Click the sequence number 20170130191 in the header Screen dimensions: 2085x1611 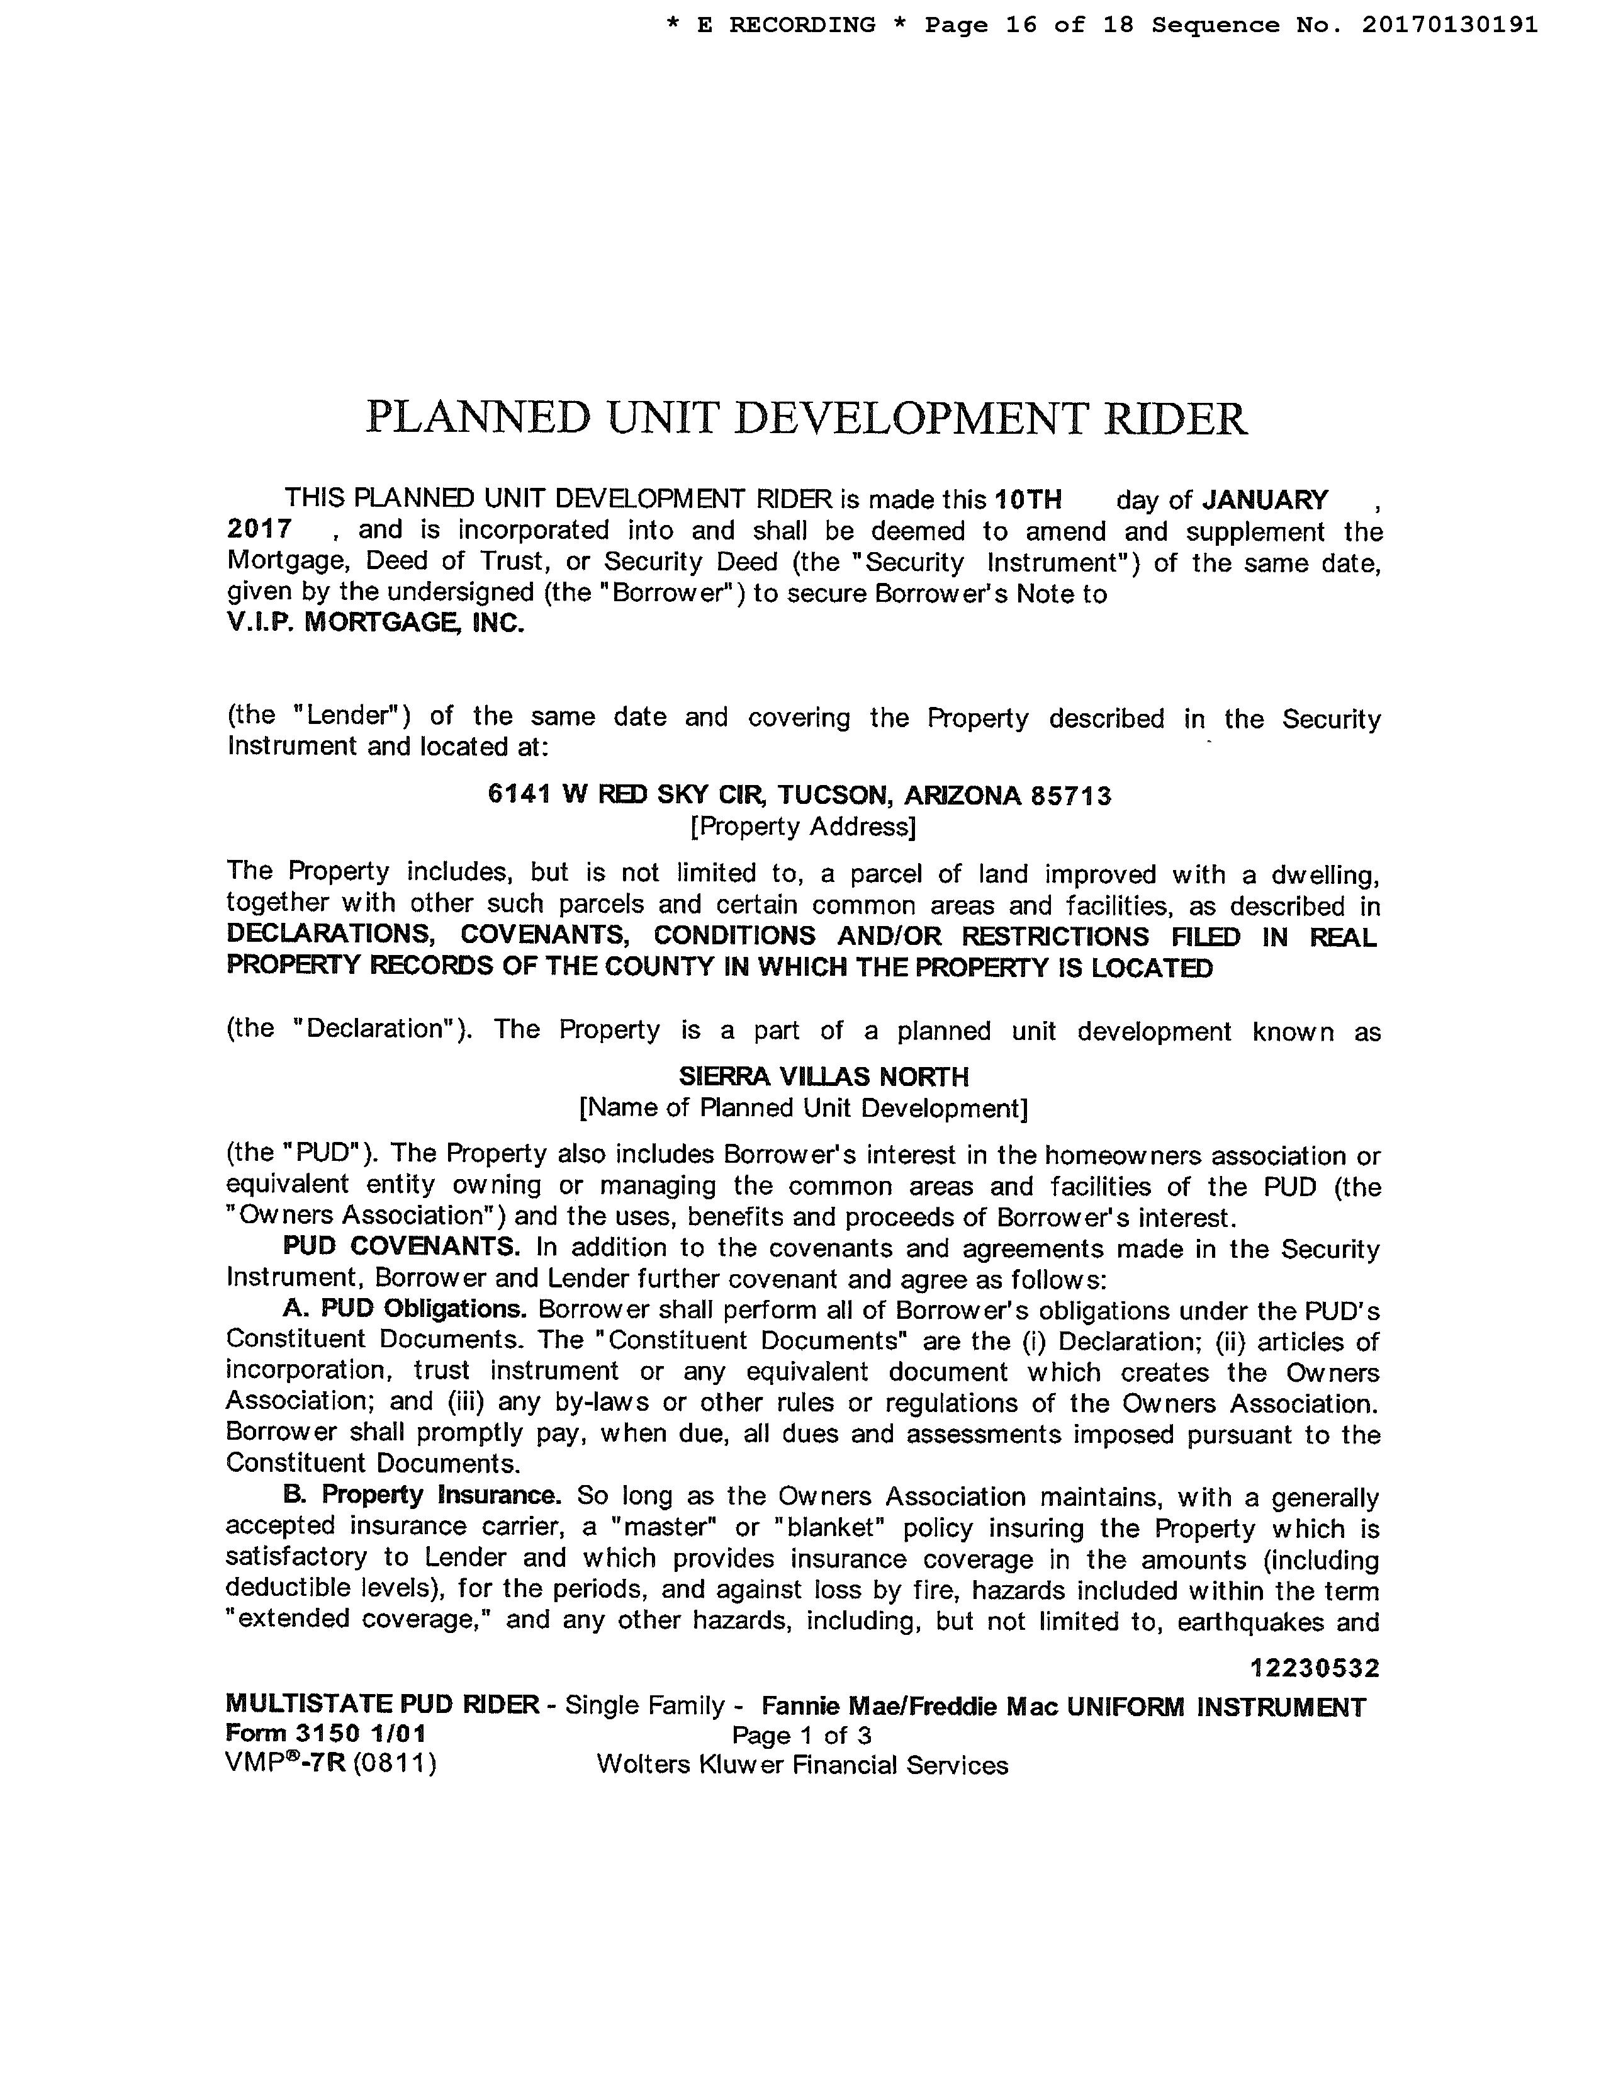(1449, 25)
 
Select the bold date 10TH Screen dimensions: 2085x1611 (1028, 500)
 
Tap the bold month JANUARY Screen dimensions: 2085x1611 (1264, 500)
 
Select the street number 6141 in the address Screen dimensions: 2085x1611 (519, 794)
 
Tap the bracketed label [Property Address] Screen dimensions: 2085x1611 (802, 826)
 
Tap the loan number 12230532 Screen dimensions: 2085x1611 (1314, 1669)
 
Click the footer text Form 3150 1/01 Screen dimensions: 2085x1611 (325, 1734)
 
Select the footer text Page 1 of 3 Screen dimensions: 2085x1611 (802, 1736)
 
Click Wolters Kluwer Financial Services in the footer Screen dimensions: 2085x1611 (802, 1765)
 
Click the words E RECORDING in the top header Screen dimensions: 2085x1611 (785, 25)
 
